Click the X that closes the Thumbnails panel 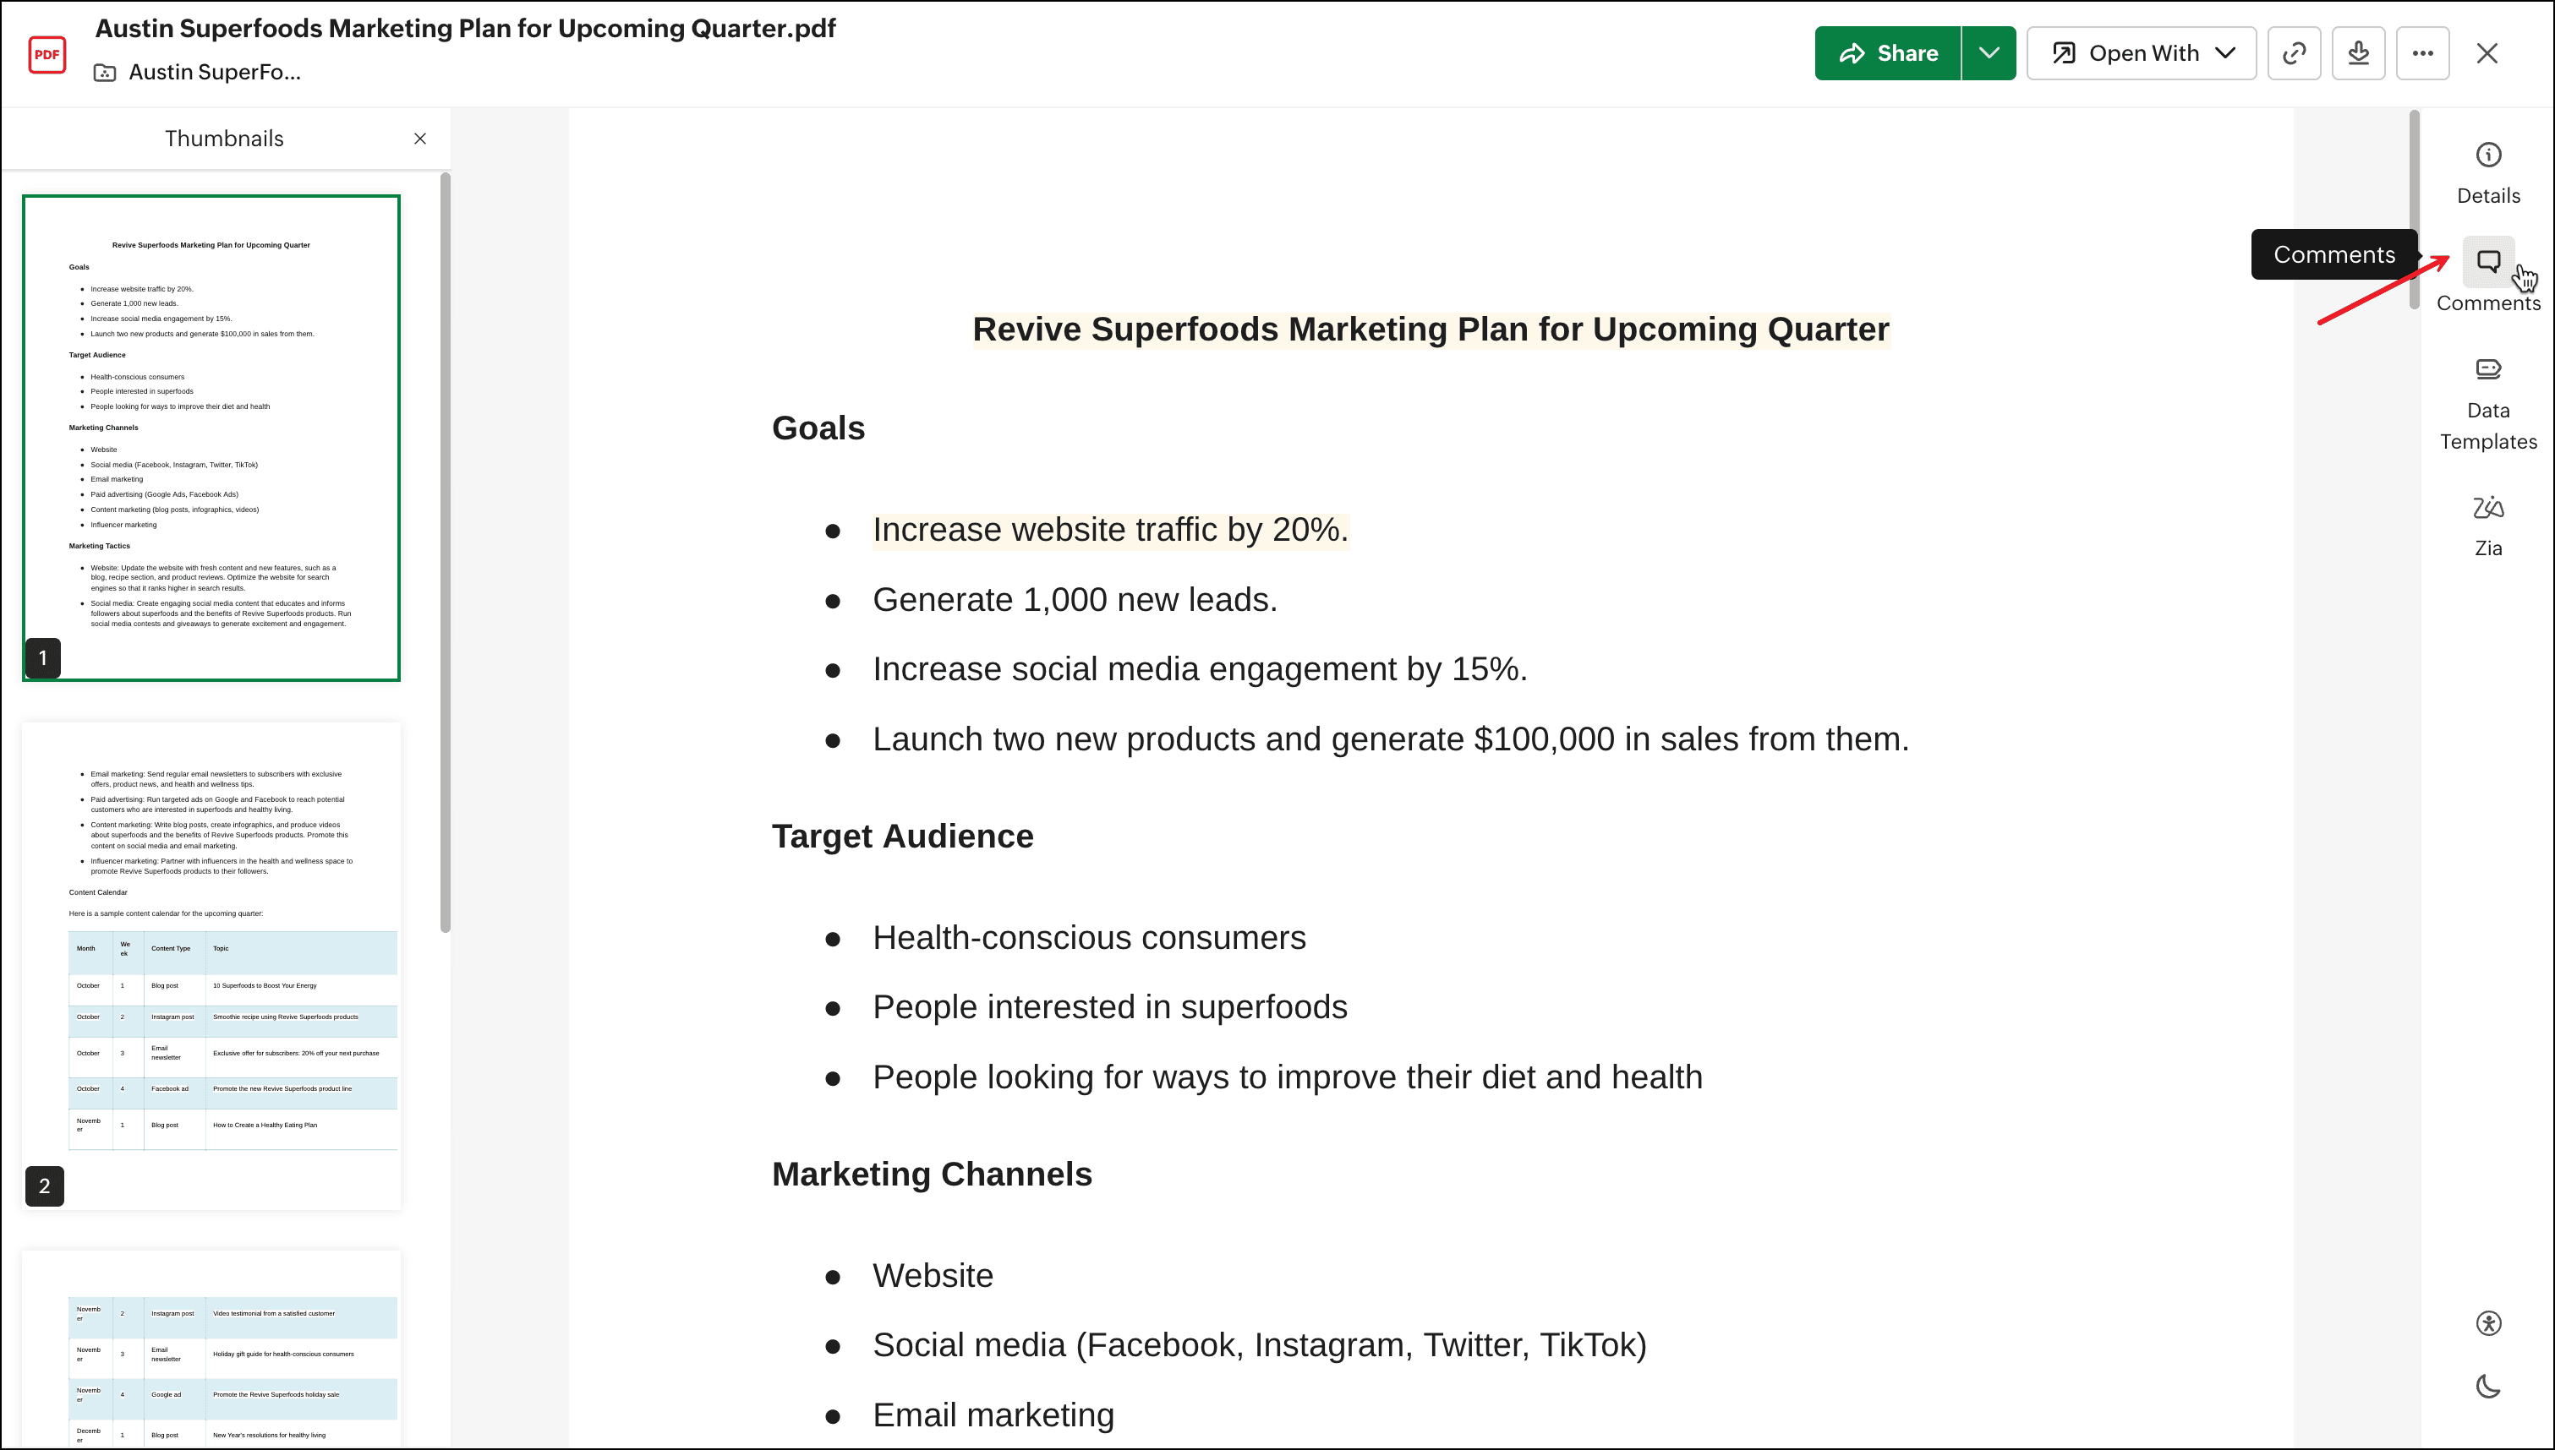tap(420, 139)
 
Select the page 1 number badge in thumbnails tap(43, 658)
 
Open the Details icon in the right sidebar tap(2488, 155)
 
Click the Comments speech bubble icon tap(2488, 262)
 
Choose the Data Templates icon tap(2488, 369)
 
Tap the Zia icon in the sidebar tap(2488, 508)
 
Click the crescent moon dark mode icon tap(2488, 1387)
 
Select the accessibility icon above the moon tap(2488, 1323)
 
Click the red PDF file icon tap(47, 54)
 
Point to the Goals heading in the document tap(818, 428)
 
